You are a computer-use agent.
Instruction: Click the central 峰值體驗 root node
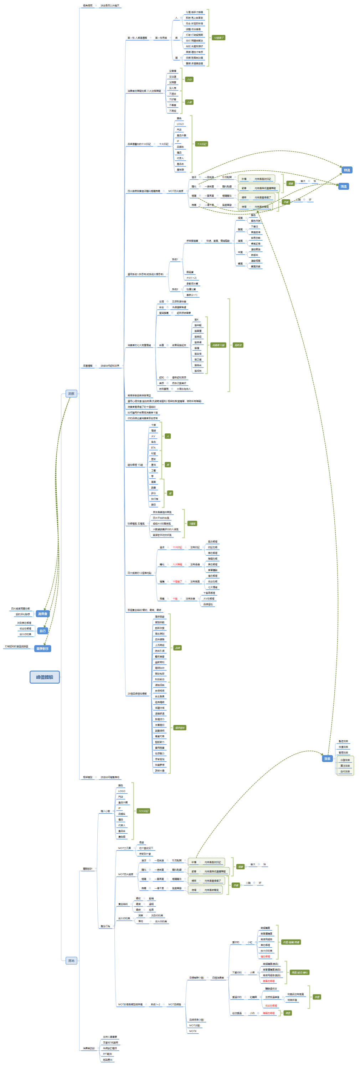click(45, 677)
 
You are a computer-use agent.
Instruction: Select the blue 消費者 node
click(42, 613)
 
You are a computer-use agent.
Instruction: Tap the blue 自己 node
click(42, 631)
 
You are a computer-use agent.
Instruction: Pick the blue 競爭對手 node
click(42, 649)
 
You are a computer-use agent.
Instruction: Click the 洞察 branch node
click(71, 393)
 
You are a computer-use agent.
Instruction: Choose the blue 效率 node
click(327, 758)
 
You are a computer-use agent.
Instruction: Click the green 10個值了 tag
click(218, 38)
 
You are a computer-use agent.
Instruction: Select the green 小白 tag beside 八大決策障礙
click(189, 79)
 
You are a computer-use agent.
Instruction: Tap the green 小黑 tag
click(189, 102)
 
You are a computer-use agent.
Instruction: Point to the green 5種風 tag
click(192, 523)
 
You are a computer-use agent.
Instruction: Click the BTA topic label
click(153, 448)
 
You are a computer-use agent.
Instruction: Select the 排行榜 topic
click(155, 499)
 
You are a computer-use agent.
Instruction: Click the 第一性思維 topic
click(161, 38)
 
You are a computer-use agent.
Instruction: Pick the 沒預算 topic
click(173, 82)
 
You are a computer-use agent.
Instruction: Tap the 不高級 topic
click(173, 111)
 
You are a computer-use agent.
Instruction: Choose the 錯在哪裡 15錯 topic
click(135, 465)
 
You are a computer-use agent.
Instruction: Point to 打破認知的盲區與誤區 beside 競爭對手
click(16, 646)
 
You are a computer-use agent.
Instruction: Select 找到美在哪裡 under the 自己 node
click(24, 623)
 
